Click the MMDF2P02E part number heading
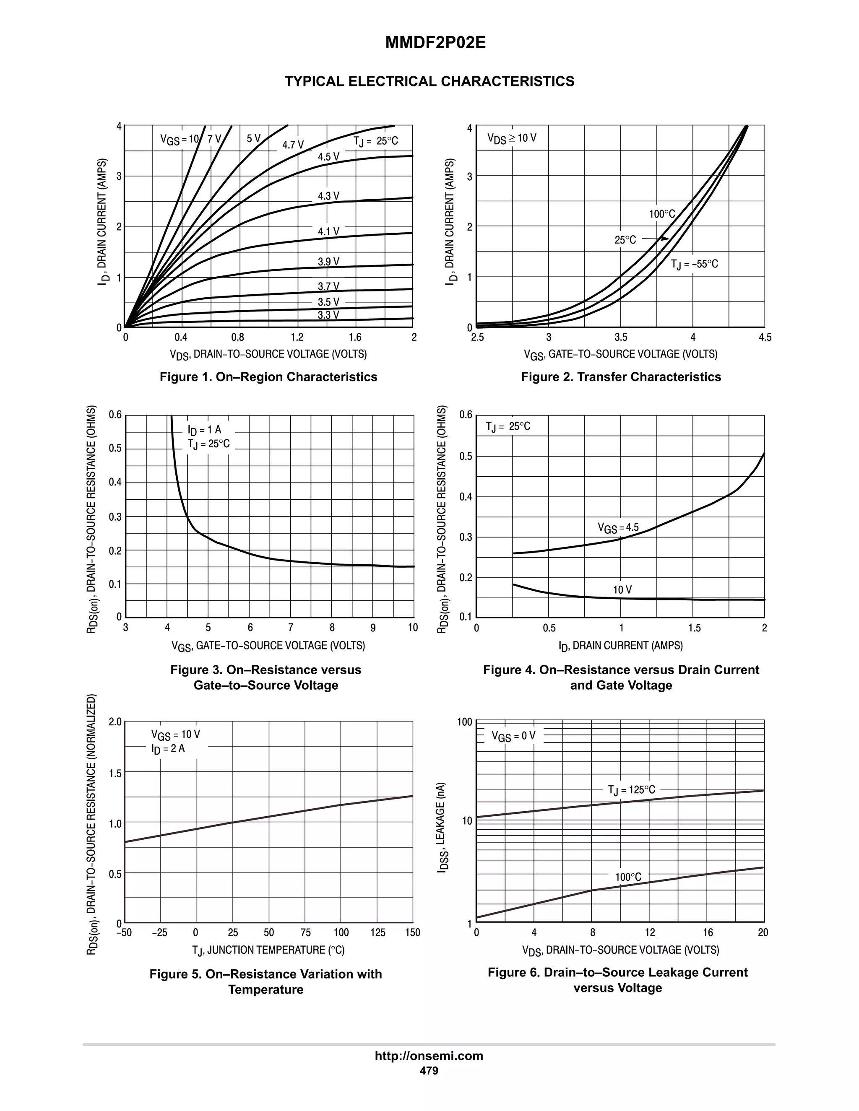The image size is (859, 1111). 435,43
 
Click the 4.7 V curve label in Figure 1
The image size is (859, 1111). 293,145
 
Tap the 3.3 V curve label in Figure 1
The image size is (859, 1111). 328,315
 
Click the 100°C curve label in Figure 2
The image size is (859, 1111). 661,214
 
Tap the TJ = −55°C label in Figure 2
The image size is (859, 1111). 694,264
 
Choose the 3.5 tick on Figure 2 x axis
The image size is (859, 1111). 620,337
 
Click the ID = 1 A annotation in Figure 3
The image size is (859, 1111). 204,430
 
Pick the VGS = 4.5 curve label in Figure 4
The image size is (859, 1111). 618,528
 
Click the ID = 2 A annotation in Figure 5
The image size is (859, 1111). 167,748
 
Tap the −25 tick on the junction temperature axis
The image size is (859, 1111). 159,932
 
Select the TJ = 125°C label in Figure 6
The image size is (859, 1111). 631,790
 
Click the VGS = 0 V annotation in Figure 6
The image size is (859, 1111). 513,736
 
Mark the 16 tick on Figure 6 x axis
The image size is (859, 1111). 708,932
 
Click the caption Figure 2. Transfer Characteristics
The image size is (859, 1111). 620,377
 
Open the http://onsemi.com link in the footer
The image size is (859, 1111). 429,1056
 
